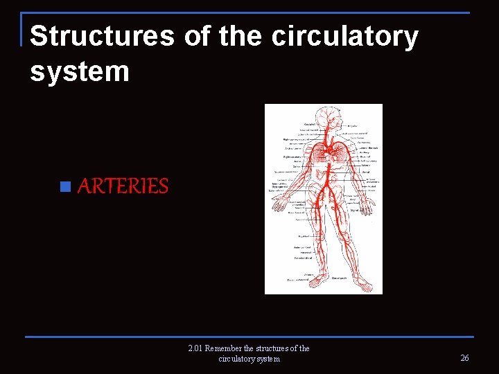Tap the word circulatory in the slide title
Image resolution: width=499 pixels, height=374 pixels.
point(344,37)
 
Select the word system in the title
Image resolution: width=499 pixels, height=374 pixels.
point(80,71)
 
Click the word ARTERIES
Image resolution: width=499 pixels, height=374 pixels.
point(123,186)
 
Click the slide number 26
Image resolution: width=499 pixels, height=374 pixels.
point(464,358)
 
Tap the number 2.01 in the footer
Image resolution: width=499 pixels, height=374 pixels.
point(195,348)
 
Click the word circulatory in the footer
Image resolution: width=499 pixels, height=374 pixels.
point(236,359)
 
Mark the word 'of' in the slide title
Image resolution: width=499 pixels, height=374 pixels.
point(199,37)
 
